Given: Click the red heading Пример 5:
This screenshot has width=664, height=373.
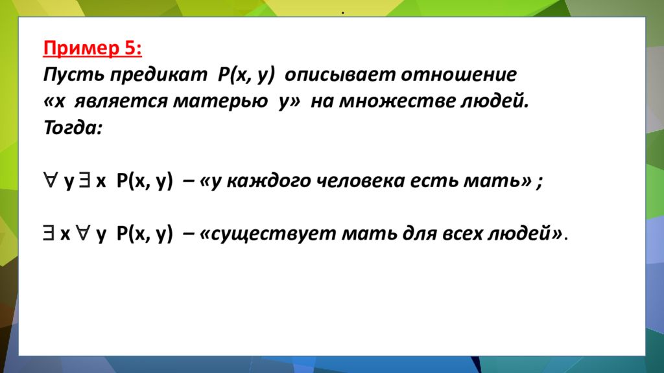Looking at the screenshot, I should coord(93,49).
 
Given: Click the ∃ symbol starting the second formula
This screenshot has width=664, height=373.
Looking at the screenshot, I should coord(50,235).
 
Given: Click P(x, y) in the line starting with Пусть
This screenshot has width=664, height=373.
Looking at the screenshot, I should coord(246,75).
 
